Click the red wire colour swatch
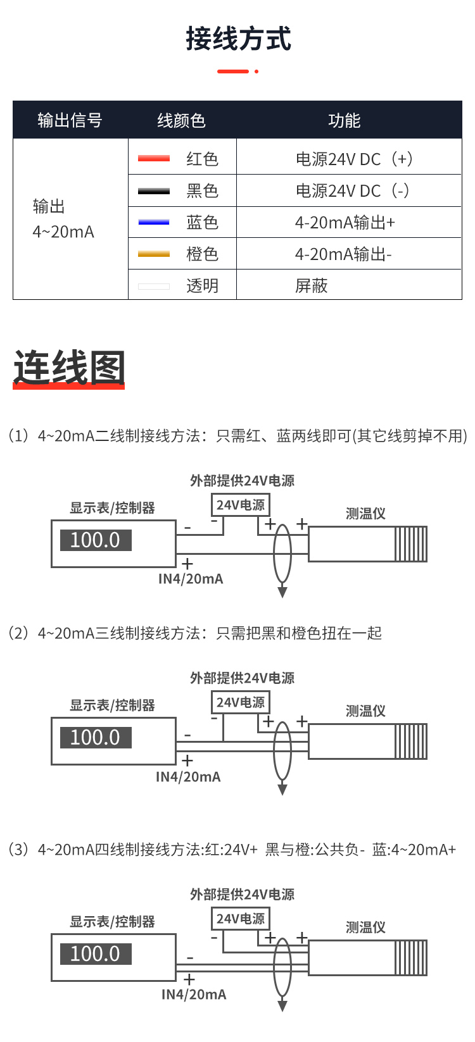coord(154,159)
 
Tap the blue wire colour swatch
coord(154,222)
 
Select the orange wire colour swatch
coord(154,254)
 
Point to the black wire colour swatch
coord(154,190)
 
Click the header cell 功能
coord(344,120)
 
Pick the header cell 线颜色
coord(181,120)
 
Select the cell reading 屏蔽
coord(311,285)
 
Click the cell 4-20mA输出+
coord(345,222)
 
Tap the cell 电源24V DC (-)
coord(353,190)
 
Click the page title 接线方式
coord(238,38)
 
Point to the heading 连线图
coord(70,368)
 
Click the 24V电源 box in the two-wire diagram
coord(240,505)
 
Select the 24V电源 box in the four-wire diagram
coord(240,919)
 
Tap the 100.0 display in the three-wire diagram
coord(96,737)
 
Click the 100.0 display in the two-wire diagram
coord(96,540)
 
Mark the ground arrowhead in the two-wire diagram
coord(282,592)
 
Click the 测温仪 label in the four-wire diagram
coord(365,927)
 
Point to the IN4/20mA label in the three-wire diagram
coord(188,776)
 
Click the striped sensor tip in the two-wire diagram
coord(411,544)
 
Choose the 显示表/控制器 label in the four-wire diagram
coord(112,922)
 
